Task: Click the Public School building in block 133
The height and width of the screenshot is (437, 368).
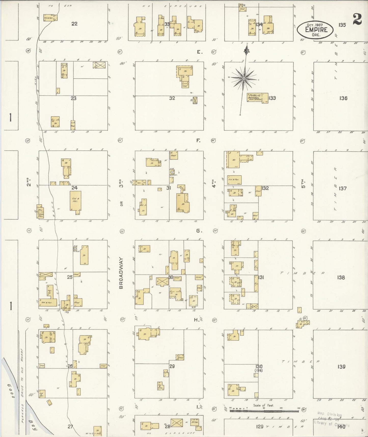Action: (x=257, y=98)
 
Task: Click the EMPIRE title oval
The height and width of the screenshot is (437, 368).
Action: (x=315, y=30)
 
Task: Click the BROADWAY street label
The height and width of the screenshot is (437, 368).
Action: (x=121, y=273)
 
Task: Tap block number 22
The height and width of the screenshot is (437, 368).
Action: (x=74, y=24)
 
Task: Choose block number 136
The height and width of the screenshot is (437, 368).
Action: (x=343, y=98)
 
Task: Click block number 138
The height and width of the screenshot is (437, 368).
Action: (x=341, y=277)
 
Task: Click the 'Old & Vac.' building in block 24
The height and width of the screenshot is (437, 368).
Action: (x=75, y=201)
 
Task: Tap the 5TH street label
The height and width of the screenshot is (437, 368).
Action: (x=303, y=183)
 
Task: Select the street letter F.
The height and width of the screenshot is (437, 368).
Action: (x=198, y=140)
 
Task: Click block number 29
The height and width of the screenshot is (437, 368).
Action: (x=172, y=366)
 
